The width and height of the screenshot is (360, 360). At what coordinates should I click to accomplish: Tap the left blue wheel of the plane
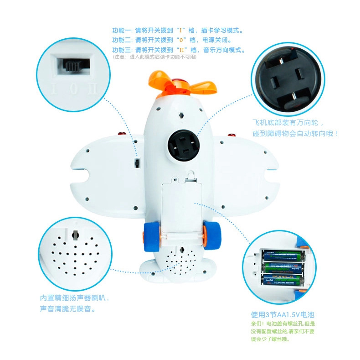click(x=150, y=237)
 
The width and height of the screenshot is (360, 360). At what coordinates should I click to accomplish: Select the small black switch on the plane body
click(x=137, y=163)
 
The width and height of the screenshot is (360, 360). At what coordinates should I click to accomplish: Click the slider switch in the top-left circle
click(x=73, y=65)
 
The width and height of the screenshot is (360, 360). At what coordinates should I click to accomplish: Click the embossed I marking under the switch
click(x=54, y=89)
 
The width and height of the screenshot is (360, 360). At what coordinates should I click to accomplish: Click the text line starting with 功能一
click(x=177, y=31)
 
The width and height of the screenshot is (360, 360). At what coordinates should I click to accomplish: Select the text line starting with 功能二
click(x=172, y=40)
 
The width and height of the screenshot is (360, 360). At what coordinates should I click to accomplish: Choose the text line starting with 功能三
click(x=179, y=50)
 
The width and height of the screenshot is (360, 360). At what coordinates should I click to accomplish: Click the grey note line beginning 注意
click(x=155, y=57)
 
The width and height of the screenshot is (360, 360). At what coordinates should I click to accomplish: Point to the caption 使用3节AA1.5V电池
click(x=283, y=314)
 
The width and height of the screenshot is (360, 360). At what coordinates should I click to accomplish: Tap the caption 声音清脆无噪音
click(x=68, y=309)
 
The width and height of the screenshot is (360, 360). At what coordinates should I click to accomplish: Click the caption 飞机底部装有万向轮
click(x=288, y=123)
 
